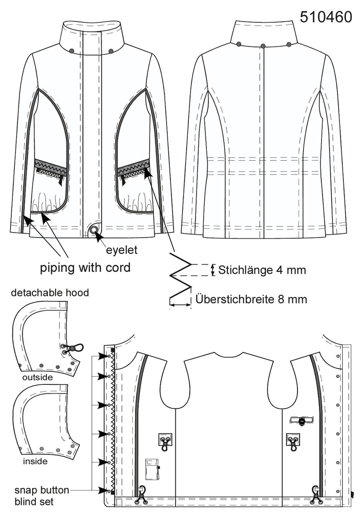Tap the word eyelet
point(121,250)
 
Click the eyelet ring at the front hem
point(94,230)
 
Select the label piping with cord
point(85,268)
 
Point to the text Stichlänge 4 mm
point(262,270)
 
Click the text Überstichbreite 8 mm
point(251,299)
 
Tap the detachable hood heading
point(50,293)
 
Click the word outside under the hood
point(37,377)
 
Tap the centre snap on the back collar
point(263,46)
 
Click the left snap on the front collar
point(72,50)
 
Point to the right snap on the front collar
point(111,51)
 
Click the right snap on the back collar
point(289,44)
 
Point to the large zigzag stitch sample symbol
point(180,279)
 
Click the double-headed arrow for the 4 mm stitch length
point(212,270)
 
